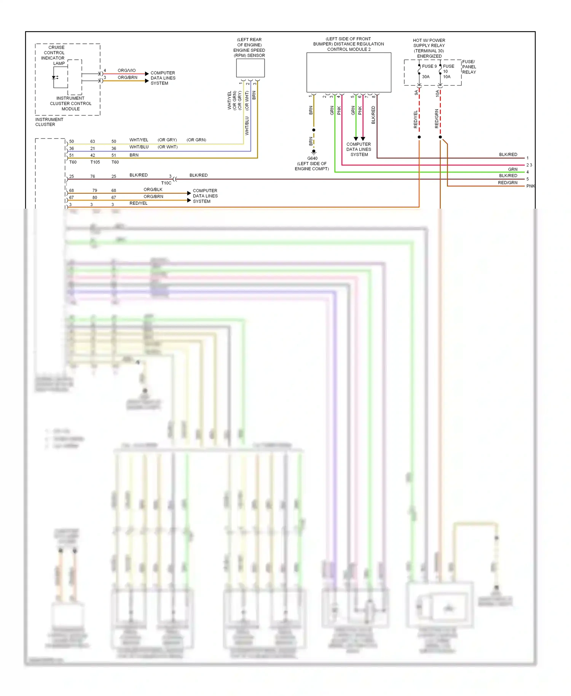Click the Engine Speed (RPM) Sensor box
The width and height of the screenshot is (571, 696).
[x=250, y=69]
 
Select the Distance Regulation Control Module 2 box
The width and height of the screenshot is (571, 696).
[x=349, y=72]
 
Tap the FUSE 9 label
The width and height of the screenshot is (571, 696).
[x=429, y=66]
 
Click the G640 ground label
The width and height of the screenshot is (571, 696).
[x=312, y=158]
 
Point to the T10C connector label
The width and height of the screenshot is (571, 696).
[x=166, y=183]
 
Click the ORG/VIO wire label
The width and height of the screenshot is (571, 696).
[x=126, y=70]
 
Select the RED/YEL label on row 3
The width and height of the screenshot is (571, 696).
[x=138, y=203]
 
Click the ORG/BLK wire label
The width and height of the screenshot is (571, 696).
[x=153, y=190]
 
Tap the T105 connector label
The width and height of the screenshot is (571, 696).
[x=95, y=162]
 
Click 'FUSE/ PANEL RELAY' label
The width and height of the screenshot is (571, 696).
[x=469, y=67]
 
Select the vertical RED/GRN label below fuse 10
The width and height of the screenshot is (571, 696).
[x=437, y=118]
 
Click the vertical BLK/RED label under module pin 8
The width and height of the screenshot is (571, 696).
[x=373, y=115]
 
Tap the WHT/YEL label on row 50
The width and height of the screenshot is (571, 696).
[x=139, y=140]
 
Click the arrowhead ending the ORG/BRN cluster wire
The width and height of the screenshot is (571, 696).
[x=147, y=81]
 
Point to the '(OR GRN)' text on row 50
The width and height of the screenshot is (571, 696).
[x=196, y=140]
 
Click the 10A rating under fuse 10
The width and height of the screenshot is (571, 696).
[x=447, y=77]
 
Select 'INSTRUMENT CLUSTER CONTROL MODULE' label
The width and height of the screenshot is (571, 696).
[x=70, y=104]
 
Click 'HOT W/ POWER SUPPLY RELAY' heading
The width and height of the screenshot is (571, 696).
[x=429, y=43]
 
